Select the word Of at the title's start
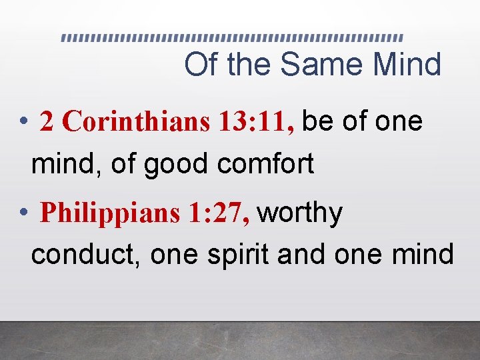[201, 65]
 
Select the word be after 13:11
[319, 121]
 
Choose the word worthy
[300, 215]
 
